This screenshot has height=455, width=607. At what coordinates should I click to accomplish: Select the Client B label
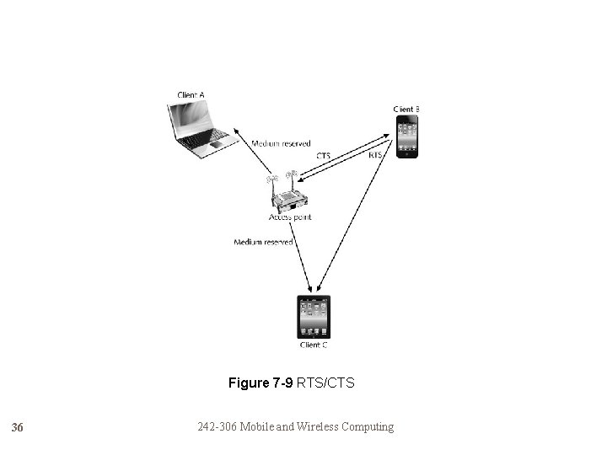[406, 110]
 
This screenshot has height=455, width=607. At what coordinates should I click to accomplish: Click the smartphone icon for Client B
[409, 137]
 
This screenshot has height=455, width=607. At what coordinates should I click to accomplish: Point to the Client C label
[314, 345]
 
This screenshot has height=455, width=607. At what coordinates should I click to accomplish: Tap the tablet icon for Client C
[314, 317]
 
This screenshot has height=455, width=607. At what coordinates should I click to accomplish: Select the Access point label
[290, 217]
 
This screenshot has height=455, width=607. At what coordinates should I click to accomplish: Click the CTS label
[324, 156]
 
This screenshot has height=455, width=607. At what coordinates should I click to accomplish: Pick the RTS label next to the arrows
[376, 156]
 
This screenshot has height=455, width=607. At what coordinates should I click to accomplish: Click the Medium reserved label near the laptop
[281, 144]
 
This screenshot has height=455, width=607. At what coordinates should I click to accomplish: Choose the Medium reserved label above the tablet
[263, 243]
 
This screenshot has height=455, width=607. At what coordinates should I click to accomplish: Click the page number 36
[17, 428]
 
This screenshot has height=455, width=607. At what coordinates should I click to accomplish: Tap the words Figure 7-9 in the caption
[261, 383]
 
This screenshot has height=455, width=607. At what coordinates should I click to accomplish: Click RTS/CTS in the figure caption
[326, 383]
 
